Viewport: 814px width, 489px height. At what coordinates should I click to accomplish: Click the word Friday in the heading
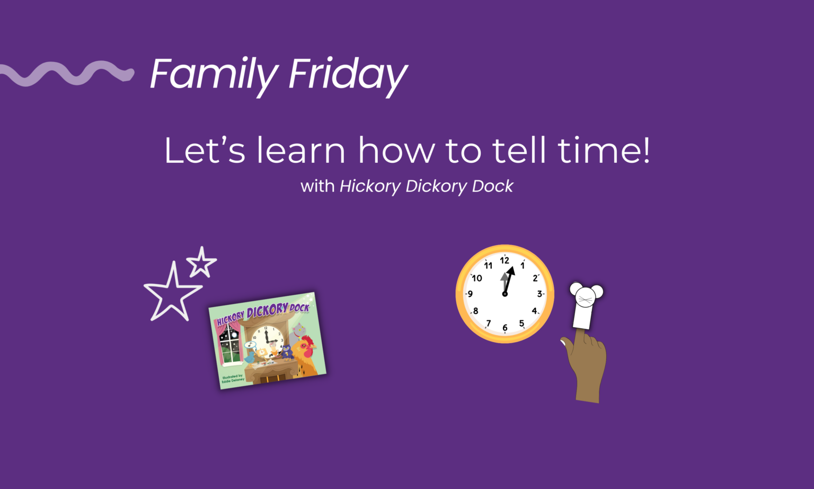click(348, 75)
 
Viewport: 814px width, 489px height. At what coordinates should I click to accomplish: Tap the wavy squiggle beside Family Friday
click(66, 73)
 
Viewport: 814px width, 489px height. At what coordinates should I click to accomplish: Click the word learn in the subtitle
click(301, 151)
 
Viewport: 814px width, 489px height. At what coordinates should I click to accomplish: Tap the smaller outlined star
click(201, 262)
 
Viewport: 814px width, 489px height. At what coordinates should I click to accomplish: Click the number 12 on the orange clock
click(505, 260)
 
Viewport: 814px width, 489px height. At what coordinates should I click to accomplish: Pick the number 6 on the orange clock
click(505, 328)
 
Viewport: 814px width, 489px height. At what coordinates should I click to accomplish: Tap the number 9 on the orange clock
click(470, 294)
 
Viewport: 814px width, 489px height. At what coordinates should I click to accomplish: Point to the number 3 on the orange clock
click(539, 294)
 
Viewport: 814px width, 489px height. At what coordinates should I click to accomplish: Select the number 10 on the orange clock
click(477, 278)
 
